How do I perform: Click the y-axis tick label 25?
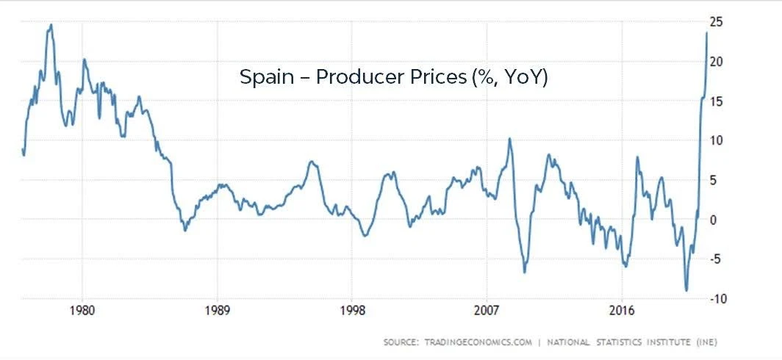[719, 22]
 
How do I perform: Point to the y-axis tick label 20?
[719, 62]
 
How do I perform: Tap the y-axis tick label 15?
[719, 101]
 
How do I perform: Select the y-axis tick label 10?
[719, 140]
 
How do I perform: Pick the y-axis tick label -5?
[718, 259]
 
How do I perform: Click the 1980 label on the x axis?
[82, 310]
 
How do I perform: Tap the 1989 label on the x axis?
[218, 310]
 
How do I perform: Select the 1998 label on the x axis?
[352, 310]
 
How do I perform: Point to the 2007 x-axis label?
[487, 310]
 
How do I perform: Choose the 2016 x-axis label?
[623, 310]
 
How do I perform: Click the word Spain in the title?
[265, 76]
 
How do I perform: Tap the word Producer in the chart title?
[353, 76]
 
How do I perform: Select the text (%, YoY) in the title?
[509, 76]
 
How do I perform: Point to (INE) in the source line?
[703, 342]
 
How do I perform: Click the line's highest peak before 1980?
[51, 24]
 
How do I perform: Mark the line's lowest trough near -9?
[686, 290]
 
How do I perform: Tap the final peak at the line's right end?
[707, 32]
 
